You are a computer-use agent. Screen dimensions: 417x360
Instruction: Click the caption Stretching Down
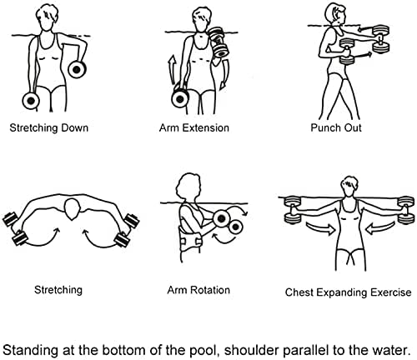click(49, 128)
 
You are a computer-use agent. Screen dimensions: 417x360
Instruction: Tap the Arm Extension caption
click(194, 127)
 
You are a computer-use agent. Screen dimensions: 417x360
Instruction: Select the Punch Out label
click(336, 127)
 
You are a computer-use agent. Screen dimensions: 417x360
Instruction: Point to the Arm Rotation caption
click(198, 290)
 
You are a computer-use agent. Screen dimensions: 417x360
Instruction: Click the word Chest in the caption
click(299, 292)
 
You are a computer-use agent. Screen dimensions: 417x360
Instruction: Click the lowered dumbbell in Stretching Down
click(31, 101)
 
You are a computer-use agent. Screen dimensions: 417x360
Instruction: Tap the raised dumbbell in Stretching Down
click(77, 69)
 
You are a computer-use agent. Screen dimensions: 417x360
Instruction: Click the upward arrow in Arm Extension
click(173, 69)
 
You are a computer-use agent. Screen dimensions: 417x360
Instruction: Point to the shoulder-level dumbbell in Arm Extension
click(219, 42)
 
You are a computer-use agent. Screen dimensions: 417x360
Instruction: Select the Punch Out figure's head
click(335, 13)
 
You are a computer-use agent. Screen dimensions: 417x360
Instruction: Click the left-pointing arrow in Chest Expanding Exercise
click(379, 228)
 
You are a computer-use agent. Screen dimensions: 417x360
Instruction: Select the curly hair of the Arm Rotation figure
click(188, 184)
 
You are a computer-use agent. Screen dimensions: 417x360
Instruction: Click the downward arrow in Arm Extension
click(224, 74)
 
